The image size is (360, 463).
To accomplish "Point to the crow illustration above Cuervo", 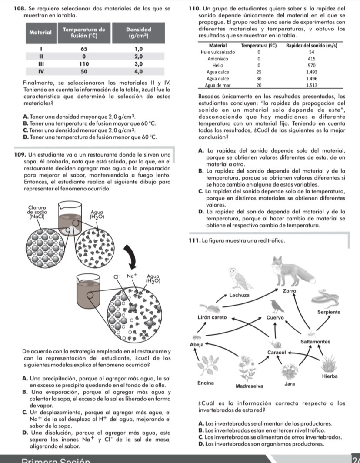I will pyautogui.click(x=275, y=306).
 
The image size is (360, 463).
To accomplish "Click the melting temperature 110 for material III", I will pyautogui.click(x=84, y=63).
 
